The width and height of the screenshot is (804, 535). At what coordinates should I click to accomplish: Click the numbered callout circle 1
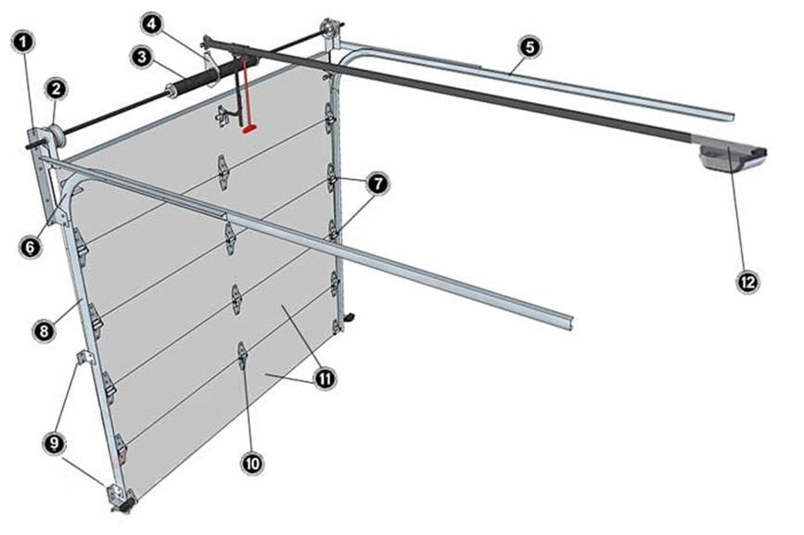click(23, 42)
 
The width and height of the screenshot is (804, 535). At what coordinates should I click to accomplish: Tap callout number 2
click(57, 89)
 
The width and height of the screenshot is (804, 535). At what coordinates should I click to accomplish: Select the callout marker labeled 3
click(142, 57)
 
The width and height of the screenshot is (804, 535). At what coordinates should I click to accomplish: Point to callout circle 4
click(151, 24)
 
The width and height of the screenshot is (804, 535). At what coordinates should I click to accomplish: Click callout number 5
click(530, 46)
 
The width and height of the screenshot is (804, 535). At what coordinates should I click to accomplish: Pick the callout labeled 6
click(30, 248)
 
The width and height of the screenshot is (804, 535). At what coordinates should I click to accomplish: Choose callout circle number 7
click(378, 184)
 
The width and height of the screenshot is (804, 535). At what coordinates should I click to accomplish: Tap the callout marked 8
click(44, 331)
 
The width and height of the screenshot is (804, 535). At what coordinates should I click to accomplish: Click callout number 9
click(55, 443)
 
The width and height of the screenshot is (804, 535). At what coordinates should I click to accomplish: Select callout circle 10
click(251, 464)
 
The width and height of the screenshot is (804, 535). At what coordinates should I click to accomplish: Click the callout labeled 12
click(747, 281)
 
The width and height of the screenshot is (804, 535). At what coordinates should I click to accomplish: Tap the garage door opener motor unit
click(733, 158)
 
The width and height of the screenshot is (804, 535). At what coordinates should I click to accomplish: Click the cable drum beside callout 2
click(56, 137)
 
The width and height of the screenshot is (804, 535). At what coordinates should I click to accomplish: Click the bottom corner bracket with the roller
click(121, 498)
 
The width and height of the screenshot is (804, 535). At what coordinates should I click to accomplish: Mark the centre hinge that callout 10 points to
click(242, 355)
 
